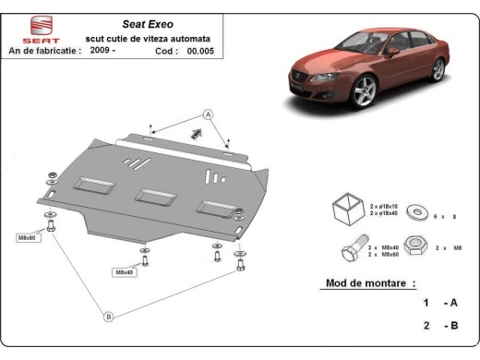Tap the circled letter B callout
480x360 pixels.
[x=109, y=317]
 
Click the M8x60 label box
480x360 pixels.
[x=28, y=236]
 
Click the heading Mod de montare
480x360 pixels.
[x=369, y=283]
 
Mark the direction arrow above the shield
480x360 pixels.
[x=196, y=135]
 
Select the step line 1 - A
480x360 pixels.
[x=440, y=304]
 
